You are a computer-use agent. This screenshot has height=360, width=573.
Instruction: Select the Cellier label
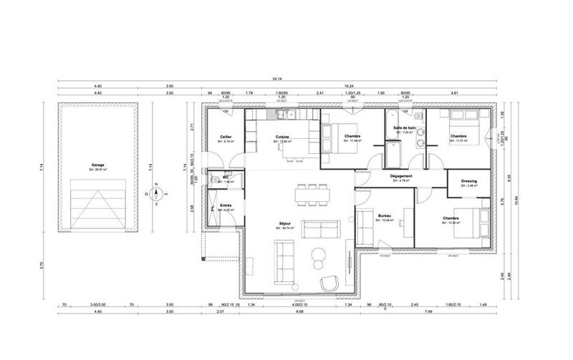point(226,136)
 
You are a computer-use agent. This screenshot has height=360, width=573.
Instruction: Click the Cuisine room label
point(282,136)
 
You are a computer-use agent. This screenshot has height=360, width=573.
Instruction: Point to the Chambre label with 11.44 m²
point(352,137)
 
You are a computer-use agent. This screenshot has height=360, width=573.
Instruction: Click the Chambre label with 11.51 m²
point(459,136)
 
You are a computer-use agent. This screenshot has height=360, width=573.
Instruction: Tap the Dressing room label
point(469,182)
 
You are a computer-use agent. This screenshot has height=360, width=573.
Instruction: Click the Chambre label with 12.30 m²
point(451,218)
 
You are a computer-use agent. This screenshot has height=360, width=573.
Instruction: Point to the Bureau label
point(384,215)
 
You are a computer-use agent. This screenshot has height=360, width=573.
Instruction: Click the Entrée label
point(226,206)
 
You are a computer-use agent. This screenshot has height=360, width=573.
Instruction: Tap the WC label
point(225,177)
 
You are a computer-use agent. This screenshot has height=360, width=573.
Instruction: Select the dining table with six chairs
point(312,193)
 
